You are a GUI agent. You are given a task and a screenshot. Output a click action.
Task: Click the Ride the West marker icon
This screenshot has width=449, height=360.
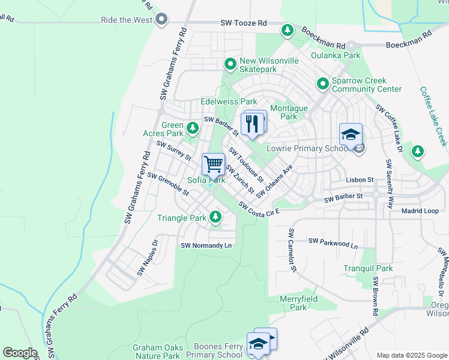click(161, 20)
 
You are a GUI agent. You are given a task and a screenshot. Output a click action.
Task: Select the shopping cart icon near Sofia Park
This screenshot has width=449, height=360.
click(213, 164)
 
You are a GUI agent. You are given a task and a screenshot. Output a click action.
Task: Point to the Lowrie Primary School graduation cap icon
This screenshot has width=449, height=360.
click(351, 134)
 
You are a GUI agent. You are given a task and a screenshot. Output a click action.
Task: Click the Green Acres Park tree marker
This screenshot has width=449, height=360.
click(193, 128)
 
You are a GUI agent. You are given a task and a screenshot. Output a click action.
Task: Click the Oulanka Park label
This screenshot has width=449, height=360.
click(336, 55)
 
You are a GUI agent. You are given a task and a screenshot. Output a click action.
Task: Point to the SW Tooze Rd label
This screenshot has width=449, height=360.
click(244, 23)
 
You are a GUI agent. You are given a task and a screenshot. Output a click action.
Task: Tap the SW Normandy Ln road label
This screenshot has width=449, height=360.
click(206, 245)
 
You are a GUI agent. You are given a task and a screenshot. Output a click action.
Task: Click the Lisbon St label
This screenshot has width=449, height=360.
click(360, 179)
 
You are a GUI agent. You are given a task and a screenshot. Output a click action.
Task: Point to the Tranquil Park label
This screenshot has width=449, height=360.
click(368, 268)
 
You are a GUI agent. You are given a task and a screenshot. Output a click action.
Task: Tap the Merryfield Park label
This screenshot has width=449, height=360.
click(298, 303)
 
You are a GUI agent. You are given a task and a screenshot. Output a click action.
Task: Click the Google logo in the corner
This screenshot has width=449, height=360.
click(20, 352)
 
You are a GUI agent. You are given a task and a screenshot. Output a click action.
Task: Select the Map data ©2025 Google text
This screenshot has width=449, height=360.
click(411, 355)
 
